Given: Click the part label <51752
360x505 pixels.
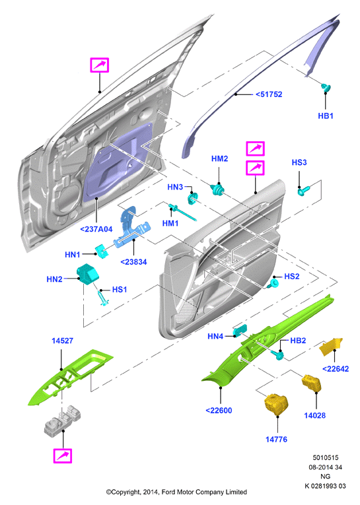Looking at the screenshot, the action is [269, 94].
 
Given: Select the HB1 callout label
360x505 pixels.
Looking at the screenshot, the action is [326, 116].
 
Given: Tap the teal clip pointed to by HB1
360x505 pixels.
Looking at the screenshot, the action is [326, 88].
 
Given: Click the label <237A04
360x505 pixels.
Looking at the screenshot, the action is [96, 229].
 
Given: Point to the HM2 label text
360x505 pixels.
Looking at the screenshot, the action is [219, 158].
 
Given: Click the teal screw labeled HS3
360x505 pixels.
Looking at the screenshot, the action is [303, 190].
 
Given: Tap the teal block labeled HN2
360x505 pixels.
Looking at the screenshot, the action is [87, 274].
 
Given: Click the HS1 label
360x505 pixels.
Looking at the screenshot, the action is [120, 290].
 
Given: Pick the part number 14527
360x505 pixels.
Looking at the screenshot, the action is [63, 341].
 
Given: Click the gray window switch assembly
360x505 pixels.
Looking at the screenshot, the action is [63, 420].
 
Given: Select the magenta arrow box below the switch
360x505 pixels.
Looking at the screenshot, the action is [63, 456].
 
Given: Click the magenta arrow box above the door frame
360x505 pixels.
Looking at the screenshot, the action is [100, 65].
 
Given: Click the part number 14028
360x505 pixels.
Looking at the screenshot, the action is [315, 415].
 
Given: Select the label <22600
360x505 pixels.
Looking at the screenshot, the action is [219, 411].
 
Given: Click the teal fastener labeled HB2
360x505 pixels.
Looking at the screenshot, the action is [277, 355].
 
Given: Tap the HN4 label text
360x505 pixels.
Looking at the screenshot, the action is [215, 336].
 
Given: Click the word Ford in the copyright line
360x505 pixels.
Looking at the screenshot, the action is [168, 492].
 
